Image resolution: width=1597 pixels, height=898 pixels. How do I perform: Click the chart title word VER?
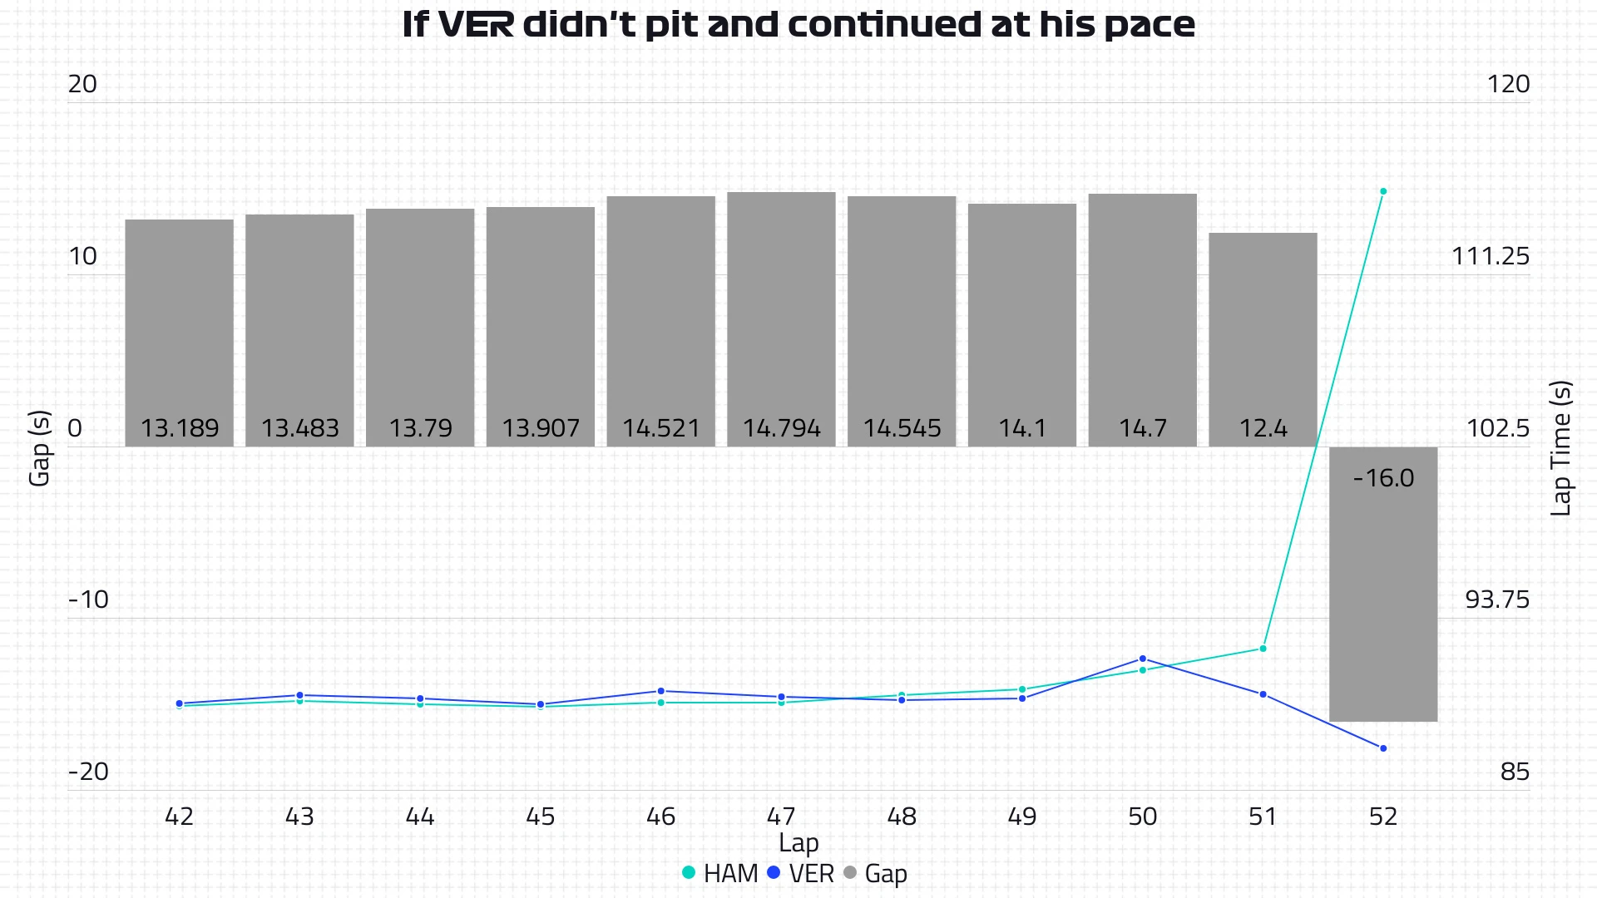point(476,25)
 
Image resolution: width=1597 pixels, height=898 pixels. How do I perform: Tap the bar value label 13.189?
point(180,428)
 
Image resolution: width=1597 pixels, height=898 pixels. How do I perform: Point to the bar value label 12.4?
point(1263,428)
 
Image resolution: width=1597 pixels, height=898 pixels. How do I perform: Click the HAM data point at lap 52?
point(1383,191)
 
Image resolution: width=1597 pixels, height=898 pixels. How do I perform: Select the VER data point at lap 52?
point(1383,748)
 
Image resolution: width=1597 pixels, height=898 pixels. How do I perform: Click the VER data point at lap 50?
point(1142,659)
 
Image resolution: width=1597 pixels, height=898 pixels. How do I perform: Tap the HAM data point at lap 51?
point(1263,649)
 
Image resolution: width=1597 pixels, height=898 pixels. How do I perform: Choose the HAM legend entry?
point(720,873)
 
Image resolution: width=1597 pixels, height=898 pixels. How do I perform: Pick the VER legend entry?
point(800,873)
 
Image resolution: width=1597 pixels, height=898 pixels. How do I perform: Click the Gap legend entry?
point(875,873)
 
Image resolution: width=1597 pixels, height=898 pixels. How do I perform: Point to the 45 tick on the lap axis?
point(541,817)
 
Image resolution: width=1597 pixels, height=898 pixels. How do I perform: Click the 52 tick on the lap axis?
point(1383,817)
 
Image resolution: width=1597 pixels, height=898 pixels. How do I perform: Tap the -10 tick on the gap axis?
point(88,599)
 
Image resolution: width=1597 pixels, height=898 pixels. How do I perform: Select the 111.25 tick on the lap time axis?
point(1490,256)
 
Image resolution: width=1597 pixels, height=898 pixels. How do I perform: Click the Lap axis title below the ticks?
point(798,843)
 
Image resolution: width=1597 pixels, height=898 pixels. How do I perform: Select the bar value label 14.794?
point(781,428)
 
